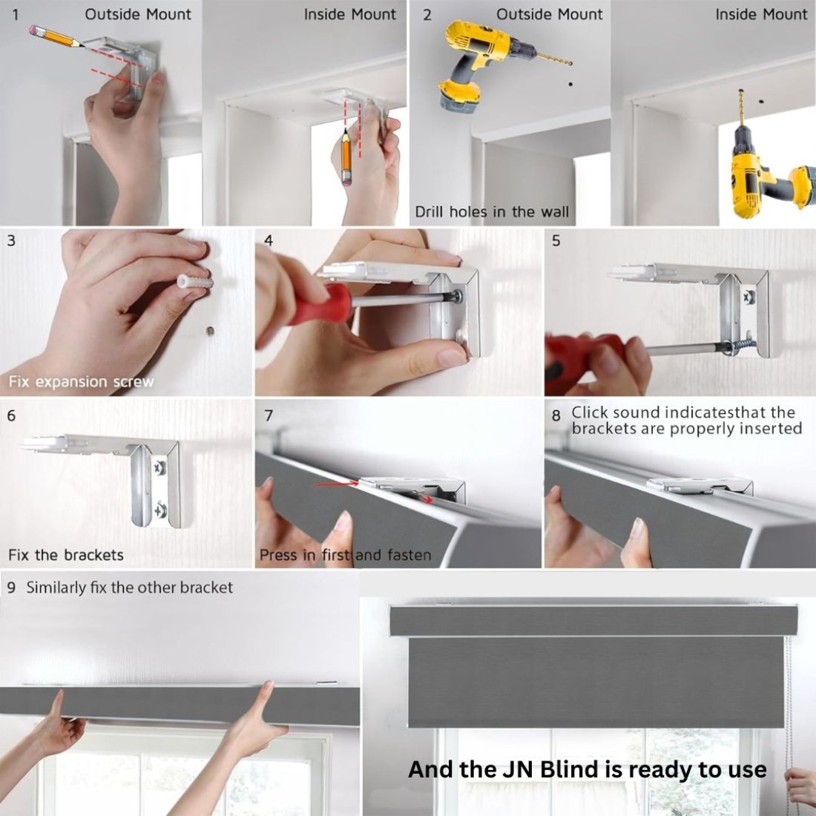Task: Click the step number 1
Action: (15, 15)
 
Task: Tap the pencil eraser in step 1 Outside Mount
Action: (34, 30)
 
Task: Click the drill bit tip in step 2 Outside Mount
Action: (570, 63)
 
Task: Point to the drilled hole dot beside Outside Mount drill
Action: (571, 84)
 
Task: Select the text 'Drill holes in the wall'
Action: (492, 212)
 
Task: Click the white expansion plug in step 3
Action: (195, 282)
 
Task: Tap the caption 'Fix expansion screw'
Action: (81, 382)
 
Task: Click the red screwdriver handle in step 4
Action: (322, 304)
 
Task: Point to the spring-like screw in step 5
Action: (738, 345)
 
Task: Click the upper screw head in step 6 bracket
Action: (159, 468)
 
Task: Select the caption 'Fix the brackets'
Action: (66, 555)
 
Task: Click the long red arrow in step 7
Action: (338, 484)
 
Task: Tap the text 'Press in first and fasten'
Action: (345, 556)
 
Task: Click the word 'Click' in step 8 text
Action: (590, 412)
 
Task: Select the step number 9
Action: (11, 588)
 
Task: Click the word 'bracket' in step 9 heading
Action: (206, 588)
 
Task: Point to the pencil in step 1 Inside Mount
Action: (346, 157)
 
